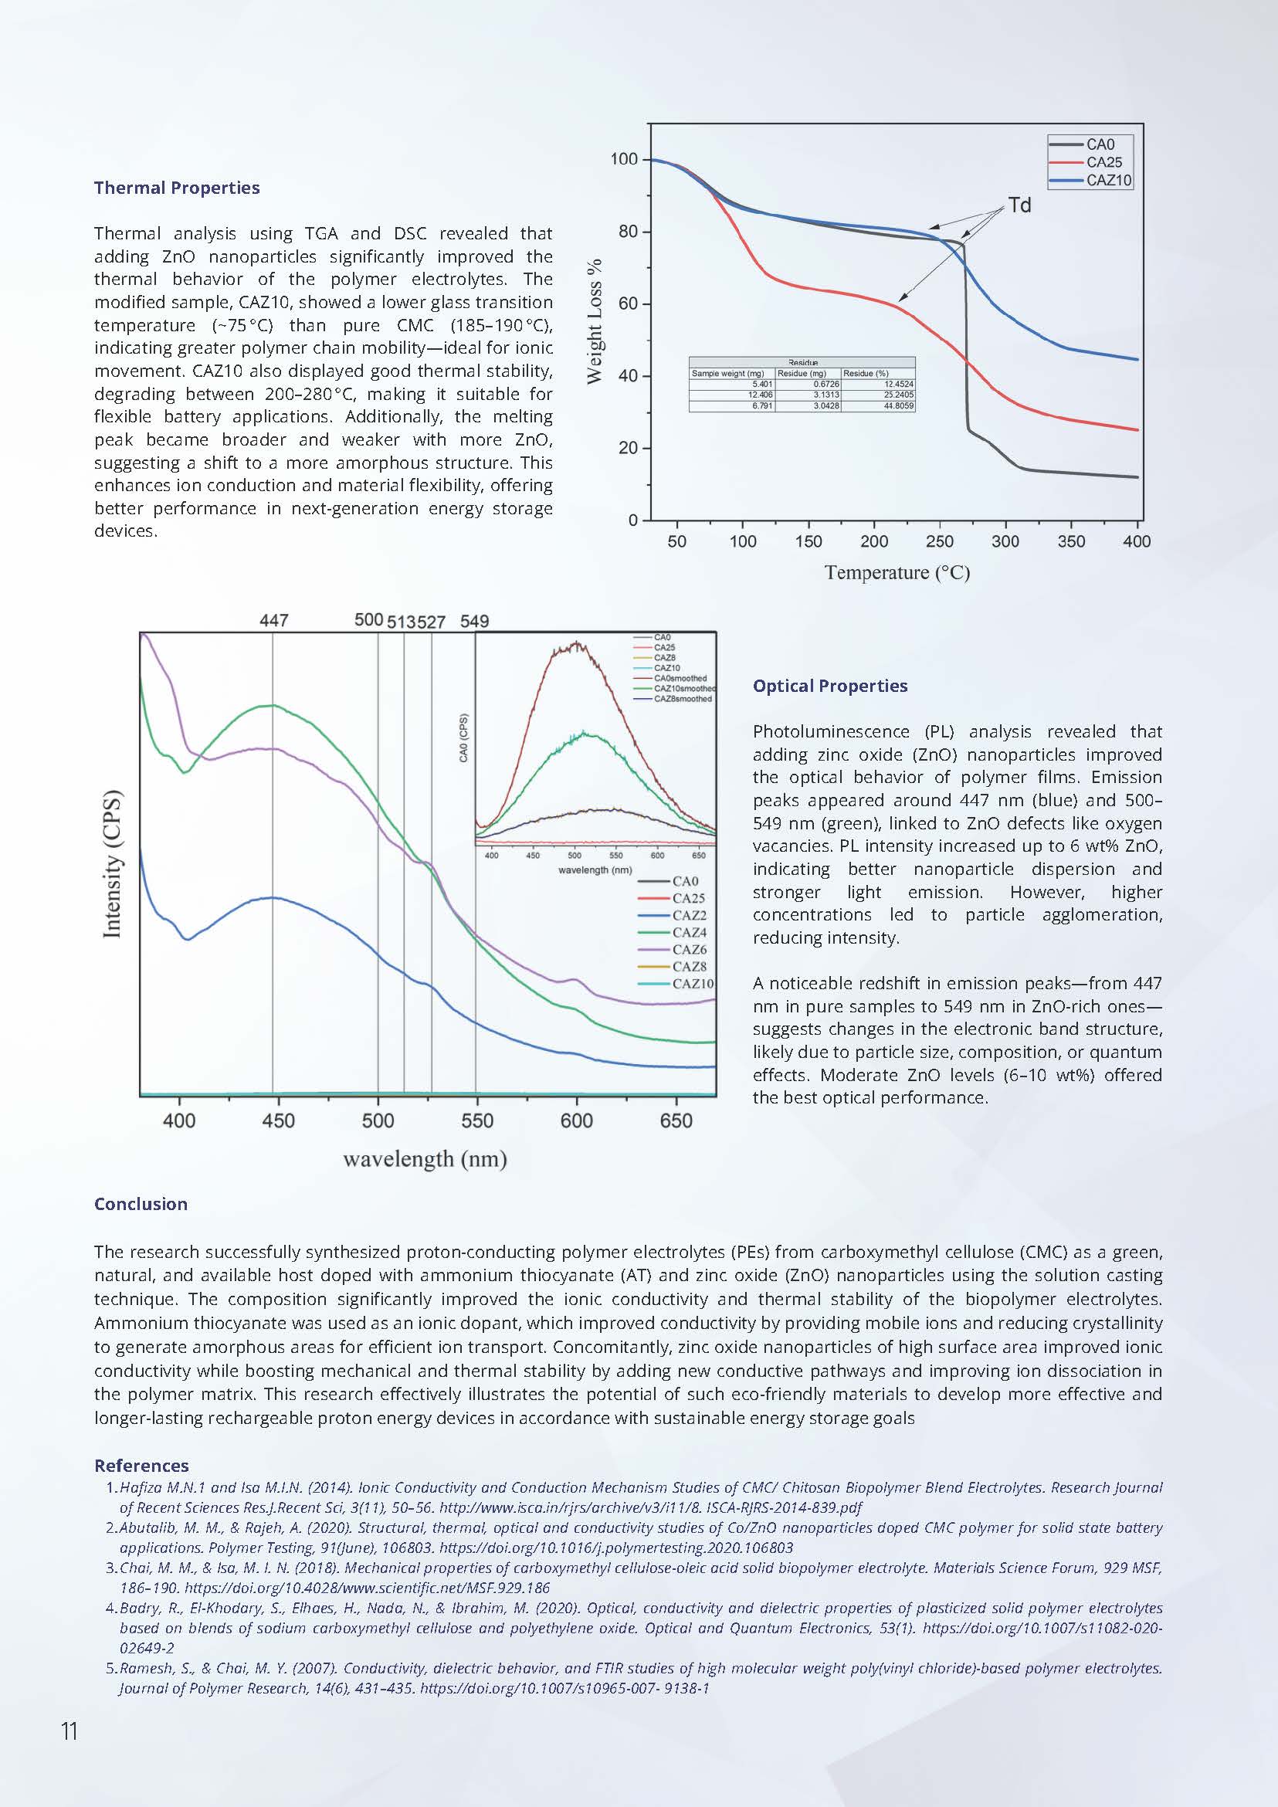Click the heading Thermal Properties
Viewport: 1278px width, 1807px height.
[177, 188]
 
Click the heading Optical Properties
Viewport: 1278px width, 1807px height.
[830, 687]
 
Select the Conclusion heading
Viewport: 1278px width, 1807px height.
[141, 1204]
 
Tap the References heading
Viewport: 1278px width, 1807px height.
[141, 1466]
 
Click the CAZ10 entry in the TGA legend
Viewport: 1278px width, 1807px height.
[1108, 180]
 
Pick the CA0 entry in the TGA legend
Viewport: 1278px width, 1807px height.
[1100, 145]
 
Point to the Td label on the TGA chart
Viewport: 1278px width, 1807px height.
[1020, 205]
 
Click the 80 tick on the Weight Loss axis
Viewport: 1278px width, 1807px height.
[628, 232]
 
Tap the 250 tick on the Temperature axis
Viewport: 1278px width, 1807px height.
[940, 541]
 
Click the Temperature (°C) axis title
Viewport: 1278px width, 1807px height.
[897, 573]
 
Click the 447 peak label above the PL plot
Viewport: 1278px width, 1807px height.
[274, 621]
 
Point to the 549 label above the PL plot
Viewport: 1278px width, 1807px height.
[475, 622]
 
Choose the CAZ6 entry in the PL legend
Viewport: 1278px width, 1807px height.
[690, 949]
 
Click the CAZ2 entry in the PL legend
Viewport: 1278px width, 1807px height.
[690, 915]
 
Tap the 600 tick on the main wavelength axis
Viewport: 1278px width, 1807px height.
[577, 1120]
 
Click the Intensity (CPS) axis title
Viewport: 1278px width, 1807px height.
[113, 863]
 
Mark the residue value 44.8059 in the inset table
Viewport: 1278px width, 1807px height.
[899, 406]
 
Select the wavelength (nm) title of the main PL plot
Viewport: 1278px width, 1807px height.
[425, 1159]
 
